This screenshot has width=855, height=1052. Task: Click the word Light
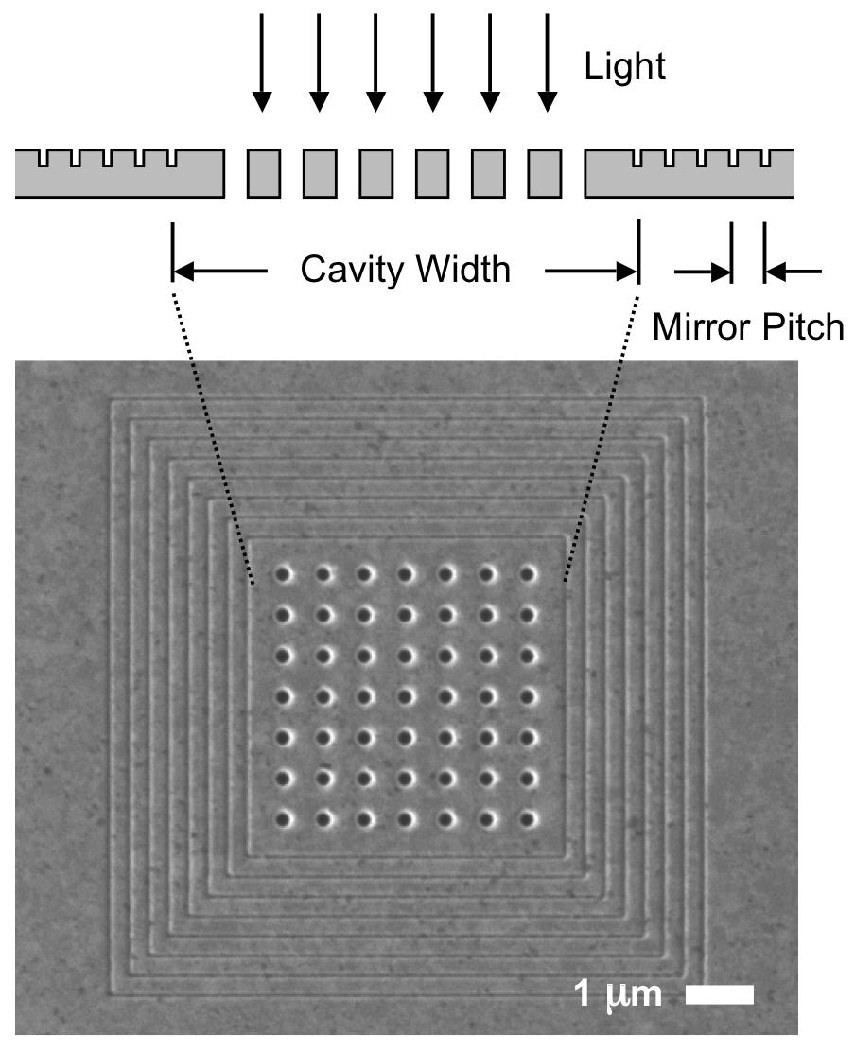(x=625, y=66)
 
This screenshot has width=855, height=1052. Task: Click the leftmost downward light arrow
(x=263, y=61)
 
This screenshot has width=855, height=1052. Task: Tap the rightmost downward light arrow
(x=547, y=61)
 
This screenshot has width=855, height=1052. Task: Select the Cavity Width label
(x=405, y=271)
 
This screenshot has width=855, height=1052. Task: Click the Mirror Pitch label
(x=747, y=327)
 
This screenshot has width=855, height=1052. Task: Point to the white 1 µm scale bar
(x=719, y=994)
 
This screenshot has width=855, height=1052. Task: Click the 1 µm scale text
(x=619, y=994)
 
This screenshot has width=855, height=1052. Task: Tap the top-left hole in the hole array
(x=282, y=573)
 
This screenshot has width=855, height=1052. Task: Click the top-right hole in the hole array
(x=528, y=573)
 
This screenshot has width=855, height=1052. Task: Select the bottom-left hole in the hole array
(x=282, y=817)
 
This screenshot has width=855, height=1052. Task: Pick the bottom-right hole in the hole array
(x=528, y=817)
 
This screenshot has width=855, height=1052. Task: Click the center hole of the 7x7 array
(x=405, y=695)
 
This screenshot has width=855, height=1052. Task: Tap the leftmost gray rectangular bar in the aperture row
(x=263, y=173)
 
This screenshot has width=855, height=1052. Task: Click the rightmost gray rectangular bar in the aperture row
(x=544, y=173)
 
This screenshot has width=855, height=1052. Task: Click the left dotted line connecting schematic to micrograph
(x=214, y=435)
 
